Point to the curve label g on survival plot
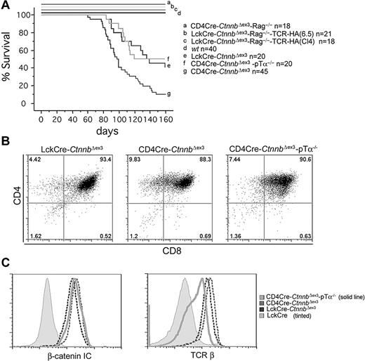tap(169, 93)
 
